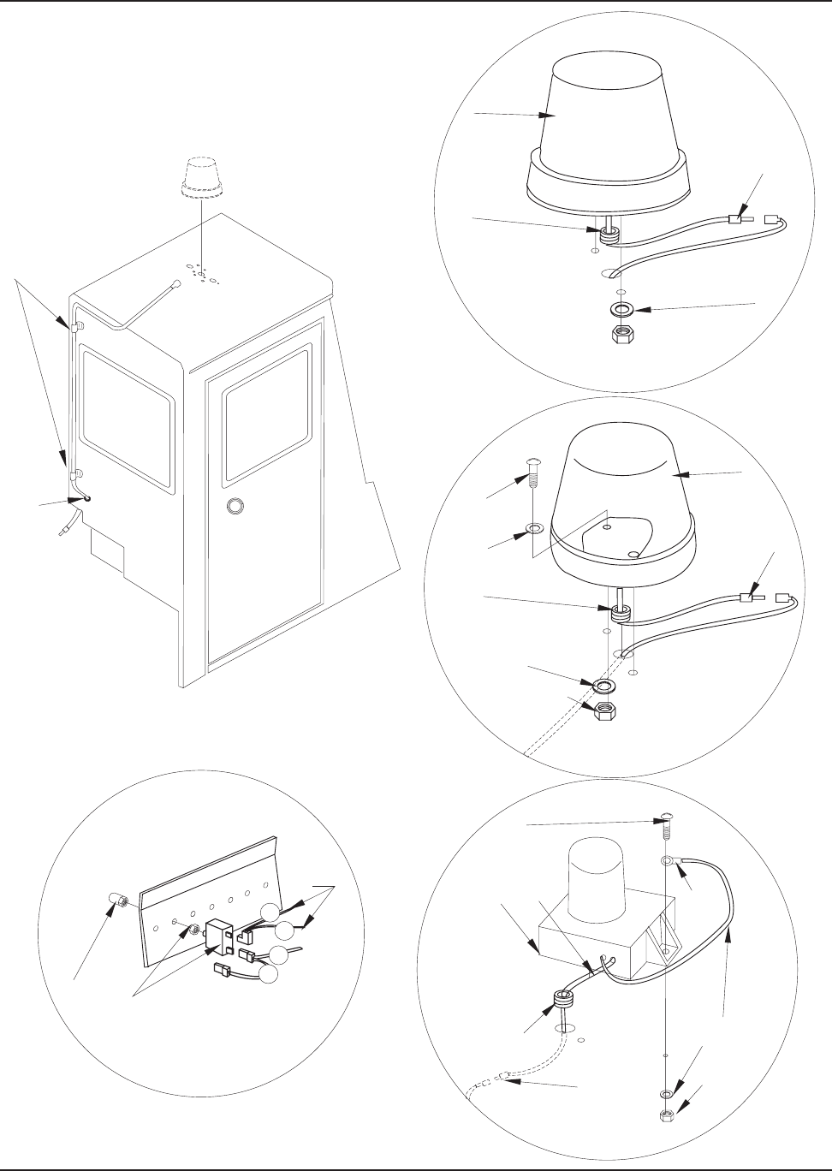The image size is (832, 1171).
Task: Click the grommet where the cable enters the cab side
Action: click(x=87, y=497)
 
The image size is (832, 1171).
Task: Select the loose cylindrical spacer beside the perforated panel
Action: click(x=119, y=902)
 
